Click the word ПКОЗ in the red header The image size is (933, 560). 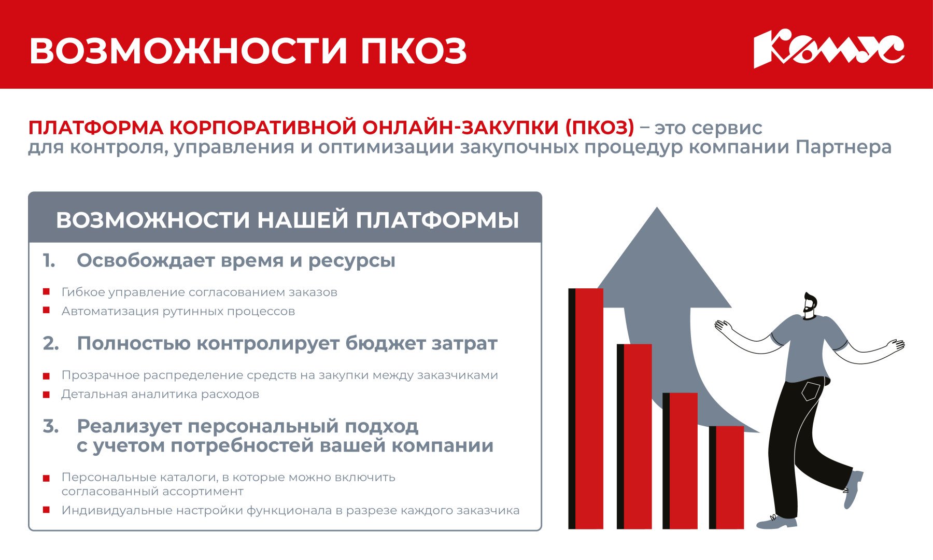point(414,51)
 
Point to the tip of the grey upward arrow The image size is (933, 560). point(657,209)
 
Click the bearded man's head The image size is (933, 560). point(810,304)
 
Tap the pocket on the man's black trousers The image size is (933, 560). point(810,391)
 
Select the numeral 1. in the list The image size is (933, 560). point(49,261)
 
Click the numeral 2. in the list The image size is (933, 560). point(51,344)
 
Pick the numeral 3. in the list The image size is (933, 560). point(51,427)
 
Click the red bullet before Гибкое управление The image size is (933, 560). point(46,292)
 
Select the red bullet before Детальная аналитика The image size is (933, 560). point(46,395)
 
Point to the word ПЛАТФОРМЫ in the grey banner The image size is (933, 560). point(437,220)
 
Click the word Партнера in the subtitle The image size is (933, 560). point(843,148)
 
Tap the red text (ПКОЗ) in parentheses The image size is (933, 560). point(599,128)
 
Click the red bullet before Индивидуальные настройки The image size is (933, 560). point(46,510)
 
